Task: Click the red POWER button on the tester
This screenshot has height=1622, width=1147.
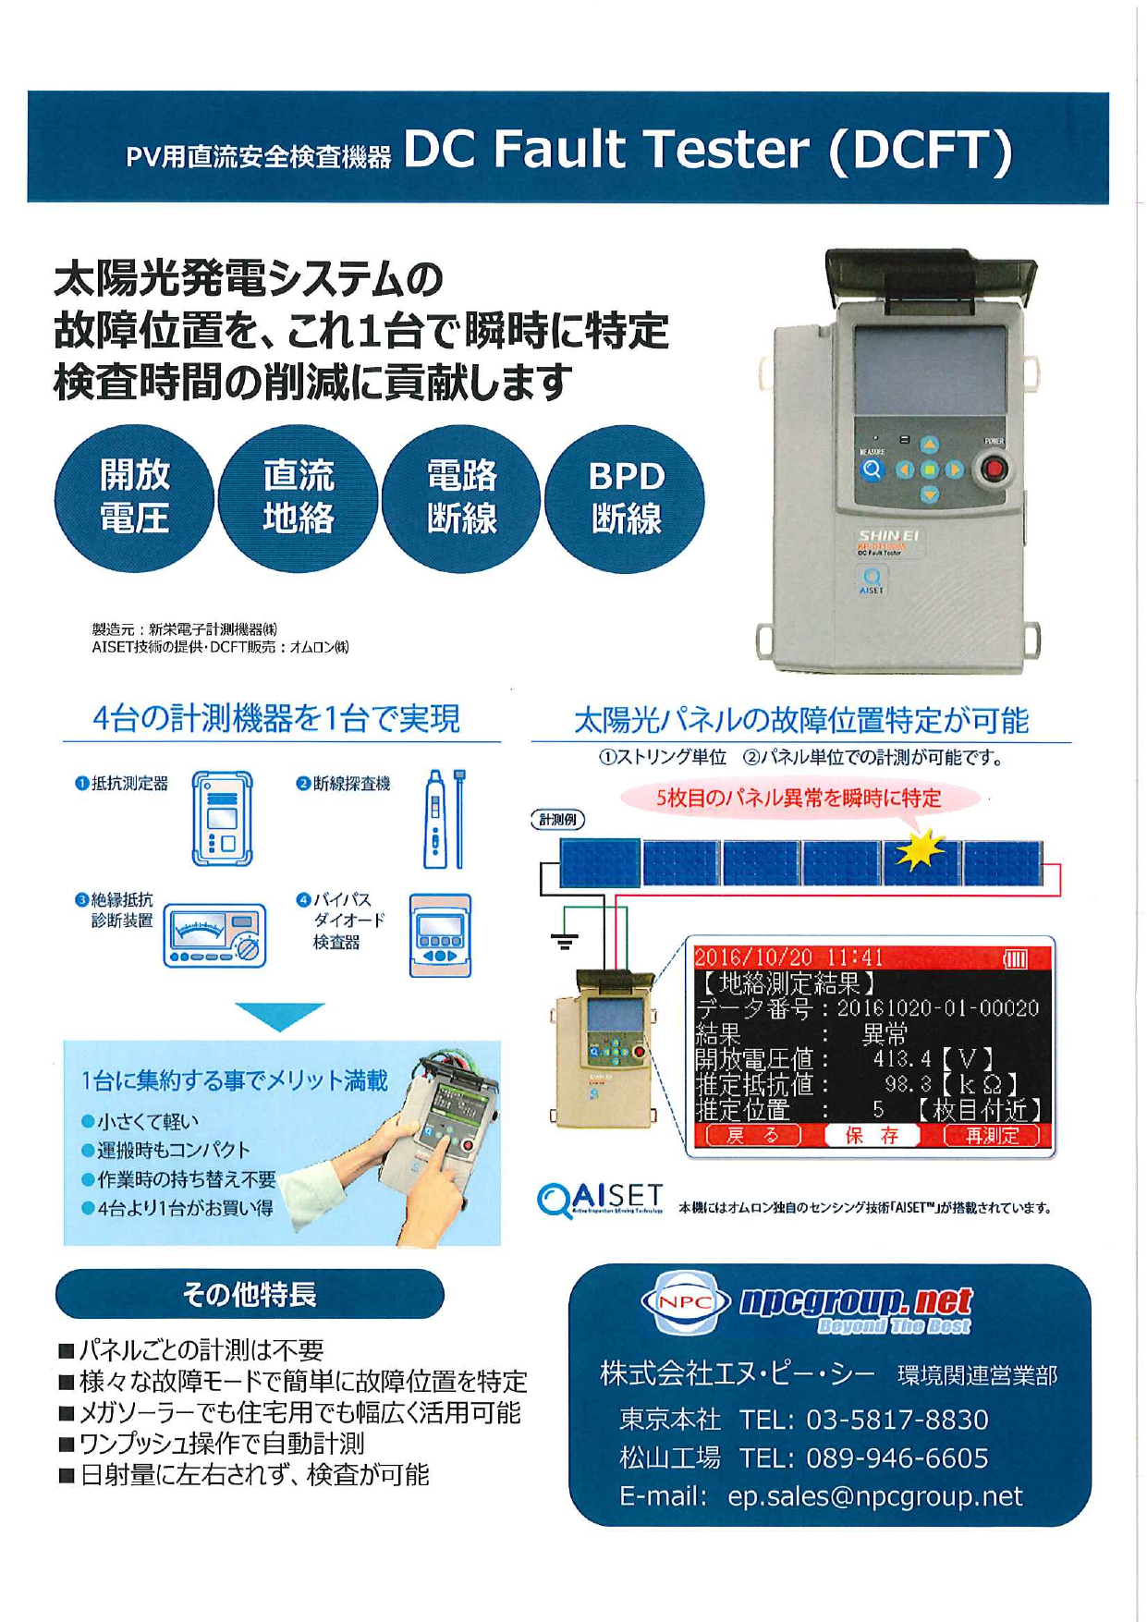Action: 994,469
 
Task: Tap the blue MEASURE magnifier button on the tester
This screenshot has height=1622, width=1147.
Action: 872,470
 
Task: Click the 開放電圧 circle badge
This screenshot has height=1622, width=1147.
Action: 134,498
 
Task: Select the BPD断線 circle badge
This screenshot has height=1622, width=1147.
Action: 626,498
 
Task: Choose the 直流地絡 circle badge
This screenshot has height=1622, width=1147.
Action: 298,498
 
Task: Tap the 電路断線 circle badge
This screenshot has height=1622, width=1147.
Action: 461,498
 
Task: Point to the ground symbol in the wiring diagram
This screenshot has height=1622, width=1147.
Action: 564,942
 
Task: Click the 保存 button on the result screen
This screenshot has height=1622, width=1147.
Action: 872,1136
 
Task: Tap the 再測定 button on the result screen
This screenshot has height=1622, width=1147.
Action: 991,1136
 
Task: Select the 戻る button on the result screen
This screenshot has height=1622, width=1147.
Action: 753,1136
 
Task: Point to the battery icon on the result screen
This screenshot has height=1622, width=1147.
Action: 1015,958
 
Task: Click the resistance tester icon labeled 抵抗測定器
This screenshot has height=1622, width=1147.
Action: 222,819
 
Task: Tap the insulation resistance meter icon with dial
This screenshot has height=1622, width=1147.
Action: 214,935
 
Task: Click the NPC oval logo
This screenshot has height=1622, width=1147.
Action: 685,1302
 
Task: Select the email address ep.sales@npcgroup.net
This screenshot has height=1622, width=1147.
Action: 874,1496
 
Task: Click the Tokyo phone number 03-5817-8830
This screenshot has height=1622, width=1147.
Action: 897,1420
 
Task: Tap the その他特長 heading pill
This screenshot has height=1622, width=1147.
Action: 250,1294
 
